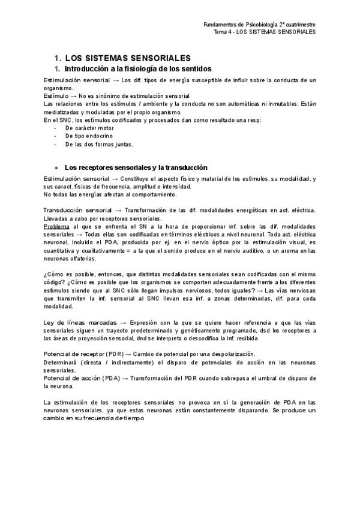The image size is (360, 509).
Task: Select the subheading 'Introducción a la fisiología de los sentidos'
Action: coord(139,70)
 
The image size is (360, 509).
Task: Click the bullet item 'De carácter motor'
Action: coord(90,128)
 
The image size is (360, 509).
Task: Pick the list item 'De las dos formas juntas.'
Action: coord(100,144)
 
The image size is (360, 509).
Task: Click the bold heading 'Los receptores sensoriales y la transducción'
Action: coord(136,167)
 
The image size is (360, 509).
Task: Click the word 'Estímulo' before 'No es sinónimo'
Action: coord(56,96)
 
